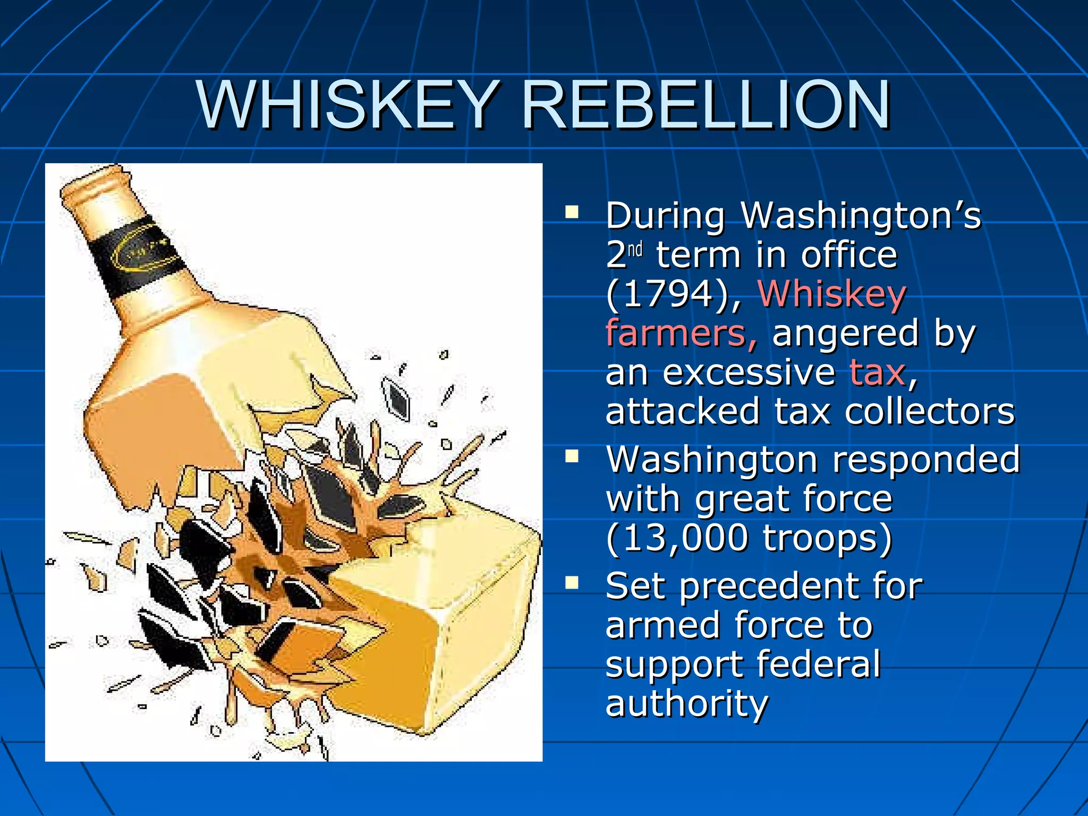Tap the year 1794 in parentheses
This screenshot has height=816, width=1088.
pos(667,294)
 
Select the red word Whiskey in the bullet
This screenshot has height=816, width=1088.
pos(832,294)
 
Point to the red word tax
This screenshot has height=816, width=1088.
pos(877,372)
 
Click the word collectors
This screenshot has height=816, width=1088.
pos(930,411)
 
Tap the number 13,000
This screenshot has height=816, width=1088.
pos(685,538)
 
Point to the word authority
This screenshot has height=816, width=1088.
pos(686,703)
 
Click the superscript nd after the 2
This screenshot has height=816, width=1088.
pos(635,249)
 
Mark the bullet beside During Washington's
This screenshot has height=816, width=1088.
pos(572,213)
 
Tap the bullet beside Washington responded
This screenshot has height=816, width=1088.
pos(572,457)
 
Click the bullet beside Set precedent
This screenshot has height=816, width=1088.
pos(572,583)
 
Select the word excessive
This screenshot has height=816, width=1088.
pos(749,372)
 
